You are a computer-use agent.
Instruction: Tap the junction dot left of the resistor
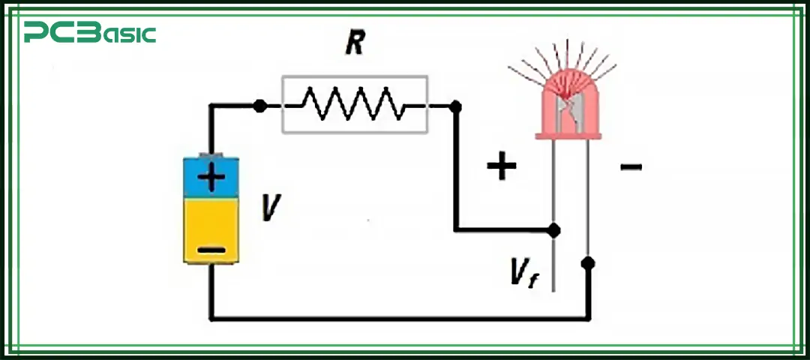[259, 106]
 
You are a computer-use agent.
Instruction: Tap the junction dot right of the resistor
[454, 106]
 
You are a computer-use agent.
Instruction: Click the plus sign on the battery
[211, 178]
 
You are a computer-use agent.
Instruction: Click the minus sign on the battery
[211, 249]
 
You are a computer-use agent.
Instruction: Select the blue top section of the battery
[211, 177]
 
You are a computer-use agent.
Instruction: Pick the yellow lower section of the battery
[211, 225]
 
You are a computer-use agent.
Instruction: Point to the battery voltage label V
[271, 208]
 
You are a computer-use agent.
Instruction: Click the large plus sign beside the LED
[502, 166]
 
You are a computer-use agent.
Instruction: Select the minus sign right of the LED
[631, 165]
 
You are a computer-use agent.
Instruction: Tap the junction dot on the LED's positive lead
[553, 229]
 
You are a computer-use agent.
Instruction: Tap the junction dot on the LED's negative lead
[588, 263]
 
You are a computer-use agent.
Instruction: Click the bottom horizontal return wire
[397, 318]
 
